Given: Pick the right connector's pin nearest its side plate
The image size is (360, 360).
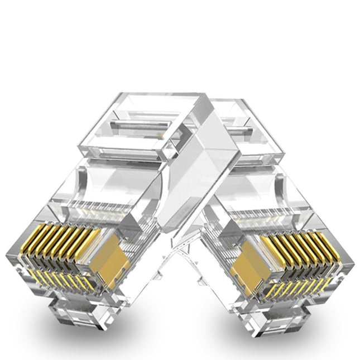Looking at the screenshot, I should click(267, 241).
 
